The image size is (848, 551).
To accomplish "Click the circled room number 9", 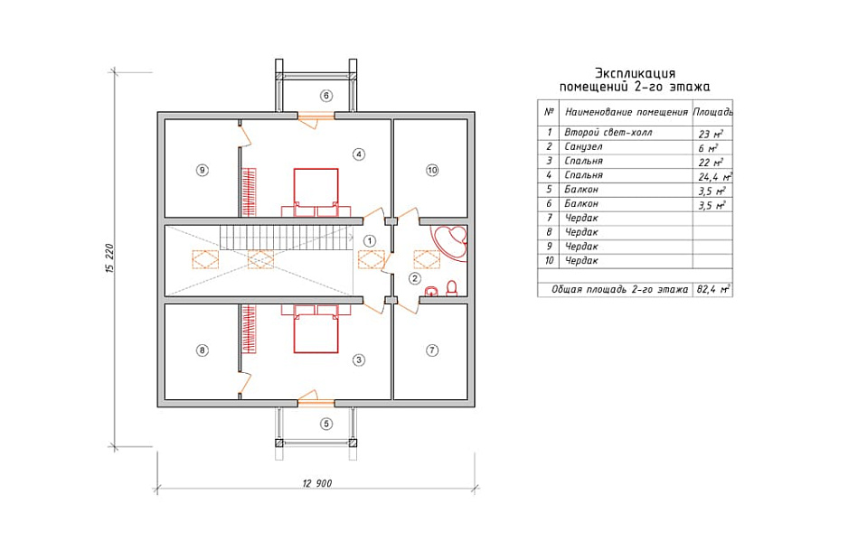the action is click(x=202, y=170).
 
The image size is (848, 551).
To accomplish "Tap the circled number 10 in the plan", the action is click(x=432, y=170).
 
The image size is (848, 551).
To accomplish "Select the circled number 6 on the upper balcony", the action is click(x=326, y=96).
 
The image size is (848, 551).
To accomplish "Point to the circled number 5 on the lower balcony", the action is click(x=326, y=424).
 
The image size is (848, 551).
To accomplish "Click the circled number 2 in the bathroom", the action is click(x=415, y=279).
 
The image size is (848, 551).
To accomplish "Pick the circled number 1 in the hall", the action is click(x=370, y=240).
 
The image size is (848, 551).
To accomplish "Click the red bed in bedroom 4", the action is click(x=316, y=192).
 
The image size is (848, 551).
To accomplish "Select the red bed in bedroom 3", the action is click(x=316, y=329).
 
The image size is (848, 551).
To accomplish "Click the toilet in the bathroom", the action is click(x=452, y=288).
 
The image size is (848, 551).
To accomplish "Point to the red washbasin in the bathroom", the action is click(x=431, y=291).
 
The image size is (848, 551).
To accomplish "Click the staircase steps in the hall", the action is click(x=285, y=238).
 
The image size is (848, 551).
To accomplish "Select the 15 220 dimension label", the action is click(x=109, y=259).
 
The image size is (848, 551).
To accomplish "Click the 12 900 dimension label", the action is click(x=317, y=483).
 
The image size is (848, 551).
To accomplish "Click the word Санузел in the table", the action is click(x=583, y=147).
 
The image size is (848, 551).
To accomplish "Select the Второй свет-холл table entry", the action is click(x=608, y=133).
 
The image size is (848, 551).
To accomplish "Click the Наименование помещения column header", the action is click(x=627, y=112).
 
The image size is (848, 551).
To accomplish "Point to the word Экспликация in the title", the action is click(x=635, y=73).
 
